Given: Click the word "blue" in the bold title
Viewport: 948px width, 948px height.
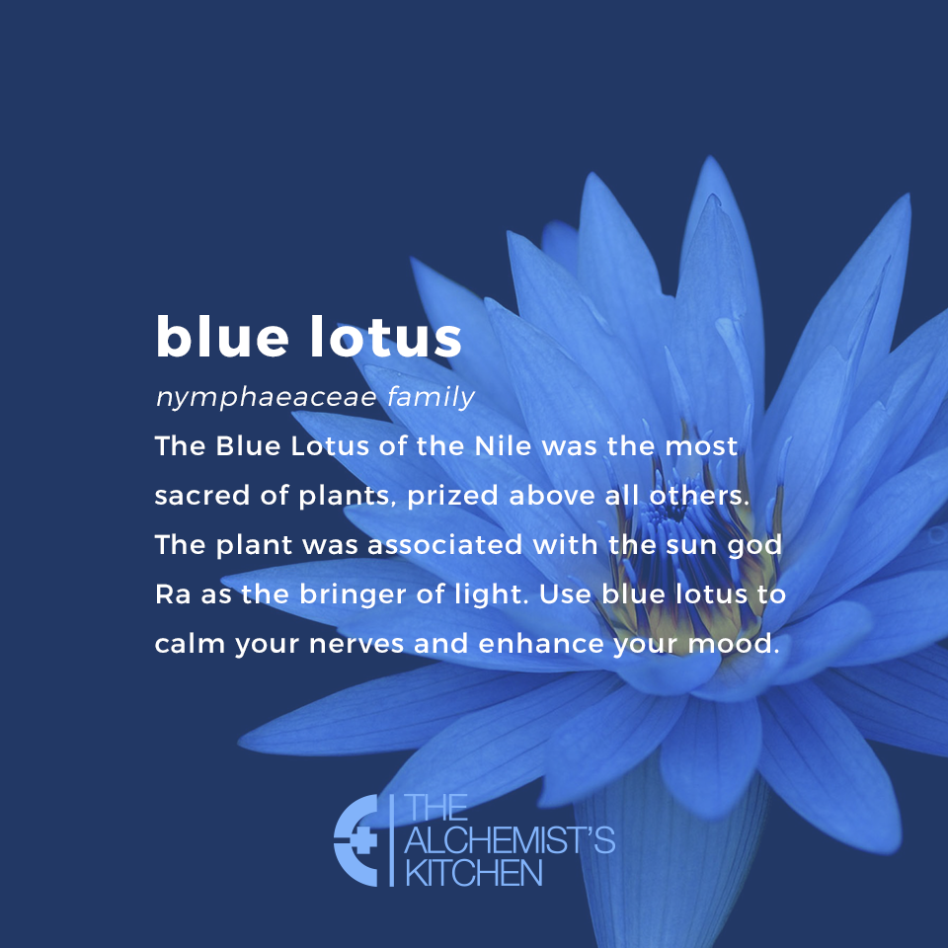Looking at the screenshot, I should tap(211, 338).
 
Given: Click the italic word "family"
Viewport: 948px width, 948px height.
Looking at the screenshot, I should tap(431, 398).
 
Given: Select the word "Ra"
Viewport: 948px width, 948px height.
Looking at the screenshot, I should tap(170, 595).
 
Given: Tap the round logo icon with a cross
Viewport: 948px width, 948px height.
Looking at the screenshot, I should tap(357, 839).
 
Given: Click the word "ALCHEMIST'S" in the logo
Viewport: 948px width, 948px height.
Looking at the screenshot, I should tap(510, 841).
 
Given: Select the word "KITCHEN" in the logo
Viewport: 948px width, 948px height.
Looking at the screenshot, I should tap(474, 873).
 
